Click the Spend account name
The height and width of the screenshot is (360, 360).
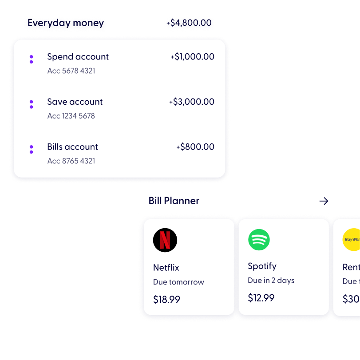coord(78,57)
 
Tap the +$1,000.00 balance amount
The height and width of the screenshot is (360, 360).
coord(192,57)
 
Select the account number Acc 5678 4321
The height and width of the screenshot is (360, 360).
coord(71,71)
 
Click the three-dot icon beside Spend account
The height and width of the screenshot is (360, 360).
coord(31,59)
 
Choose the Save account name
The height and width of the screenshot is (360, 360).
coord(75,102)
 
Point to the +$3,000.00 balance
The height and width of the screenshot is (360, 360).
coord(191,102)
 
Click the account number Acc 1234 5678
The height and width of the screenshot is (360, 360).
coord(71,116)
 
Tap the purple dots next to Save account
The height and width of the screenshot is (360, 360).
coord(31,104)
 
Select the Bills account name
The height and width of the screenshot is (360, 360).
coord(72,147)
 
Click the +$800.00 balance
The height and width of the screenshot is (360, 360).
coord(195,147)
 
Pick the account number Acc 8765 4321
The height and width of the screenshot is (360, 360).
coord(71,161)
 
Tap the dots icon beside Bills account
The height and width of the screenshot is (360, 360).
coord(31,150)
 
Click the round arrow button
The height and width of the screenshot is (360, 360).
coord(324,201)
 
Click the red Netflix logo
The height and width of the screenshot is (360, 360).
coord(165,241)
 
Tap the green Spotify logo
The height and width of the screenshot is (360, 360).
coord(259,240)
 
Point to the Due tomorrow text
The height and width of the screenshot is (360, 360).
coord(178,282)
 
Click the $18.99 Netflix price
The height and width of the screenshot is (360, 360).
coord(166,300)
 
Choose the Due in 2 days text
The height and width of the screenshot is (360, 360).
coord(271,281)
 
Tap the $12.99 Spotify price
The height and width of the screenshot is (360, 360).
coord(261,298)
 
